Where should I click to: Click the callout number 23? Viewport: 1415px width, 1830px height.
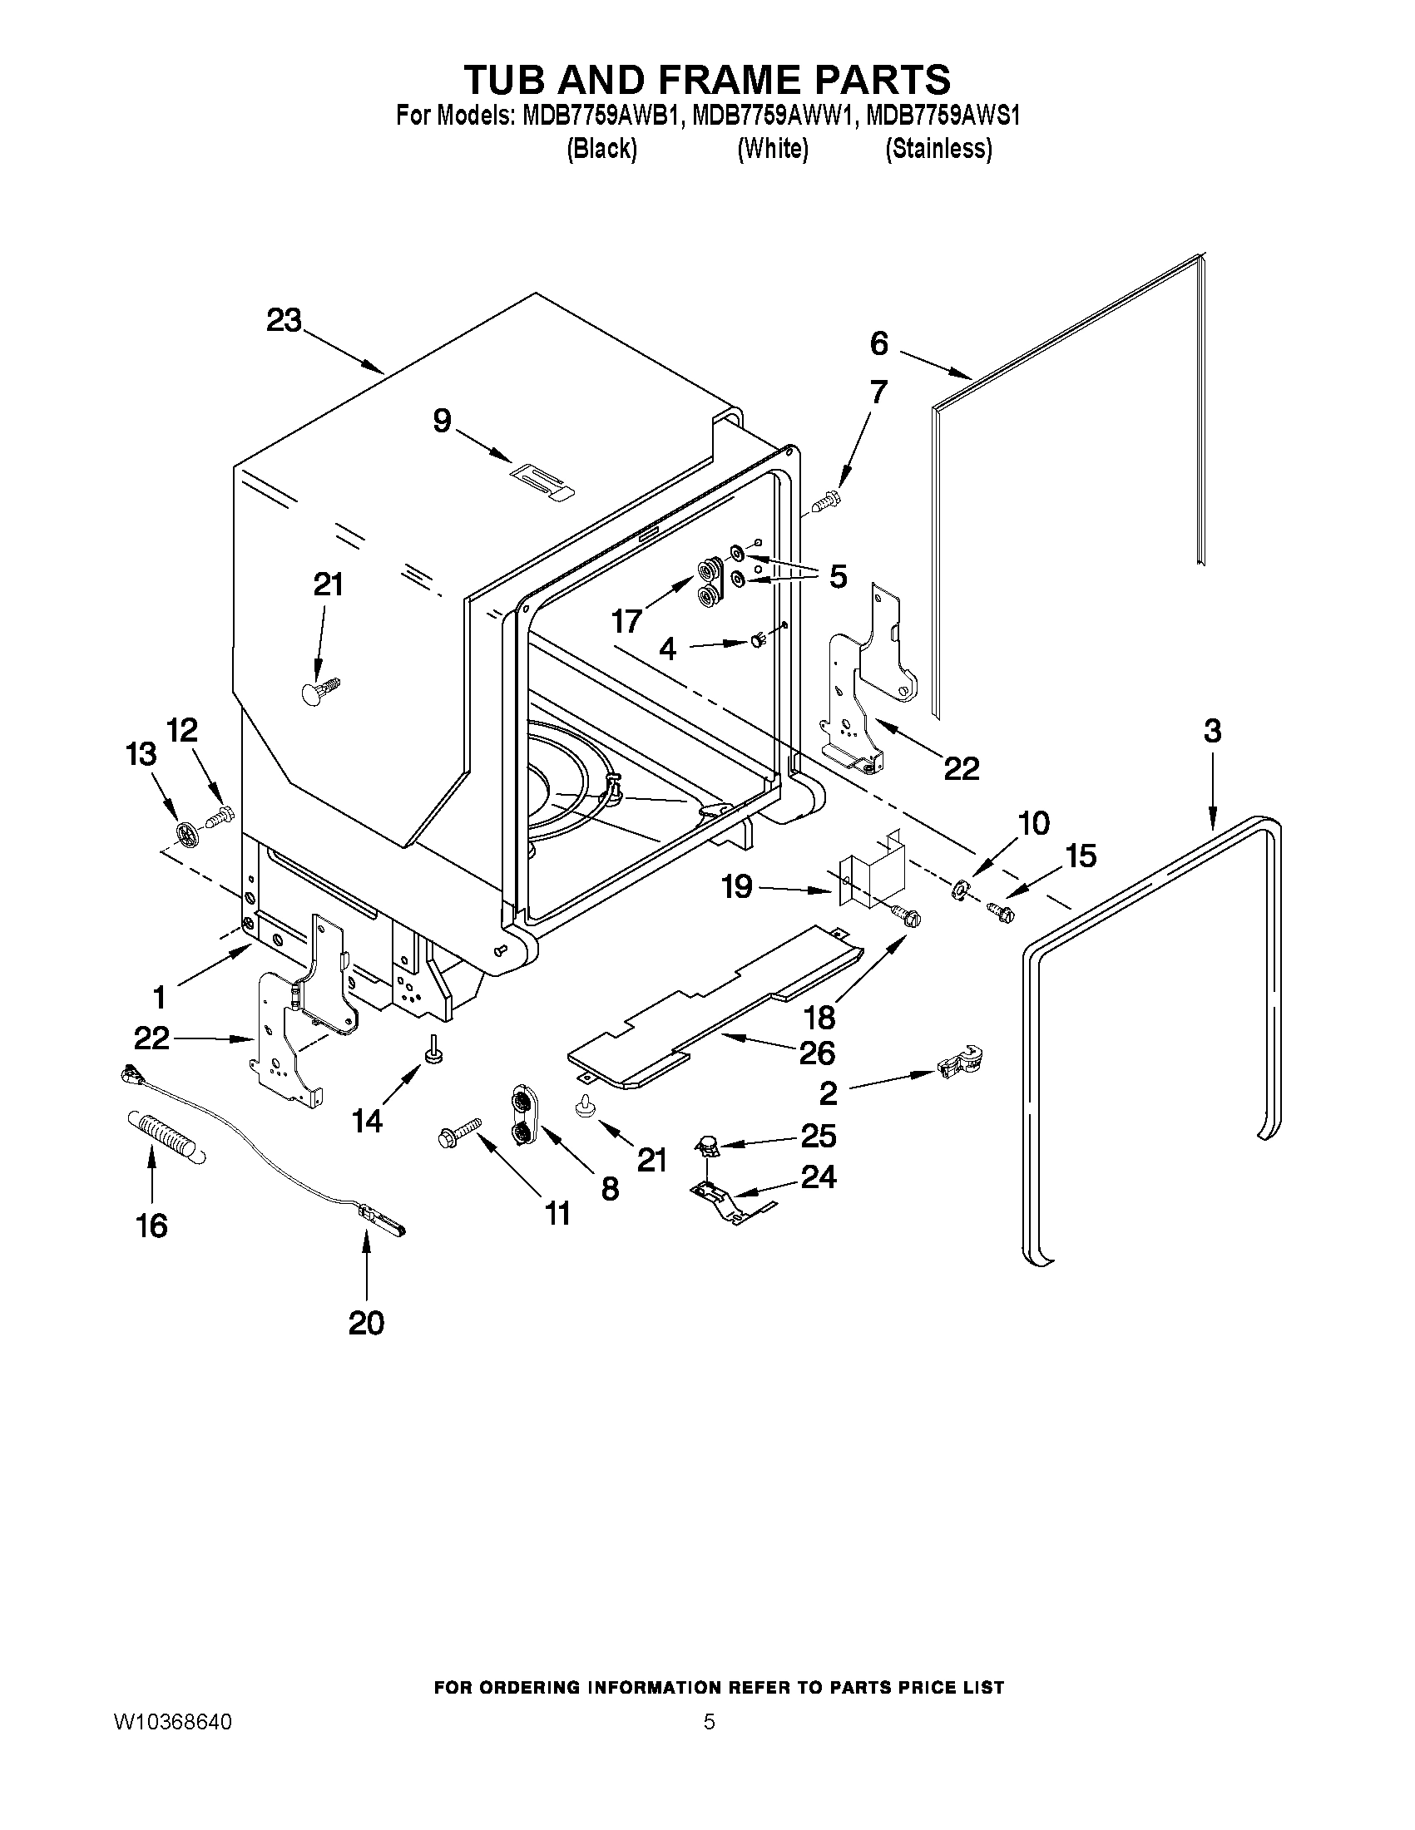pyautogui.click(x=284, y=320)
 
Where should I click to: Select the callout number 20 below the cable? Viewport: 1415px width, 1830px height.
pyautogui.click(x=366, y=1323)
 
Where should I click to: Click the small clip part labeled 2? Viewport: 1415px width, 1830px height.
pyautogui.click(x=961, y=1064)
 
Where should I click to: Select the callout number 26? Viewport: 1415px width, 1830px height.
pyautogui.click(x=817, y=1053)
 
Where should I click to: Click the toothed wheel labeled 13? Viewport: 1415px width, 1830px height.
pyautogui.click(x=188, y=833)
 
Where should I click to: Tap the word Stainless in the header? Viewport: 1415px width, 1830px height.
pyautogui.click(x=939, y=149)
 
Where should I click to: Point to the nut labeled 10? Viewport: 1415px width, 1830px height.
pyautogui.click(x=960, y=889)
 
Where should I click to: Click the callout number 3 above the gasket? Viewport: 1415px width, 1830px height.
pyautogui.click(x=1212, y=731)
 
